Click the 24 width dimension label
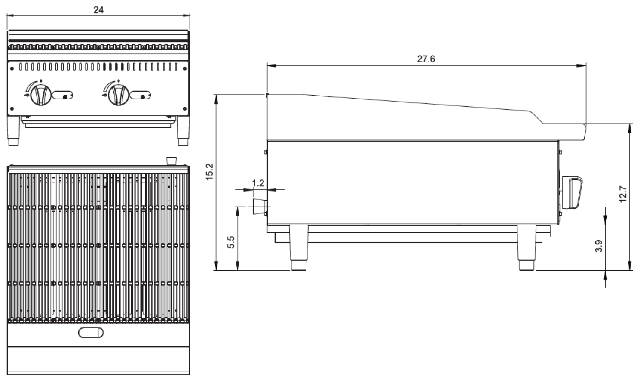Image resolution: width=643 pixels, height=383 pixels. tap(98, 9)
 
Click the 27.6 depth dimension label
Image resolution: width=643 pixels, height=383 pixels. tap(426, 59)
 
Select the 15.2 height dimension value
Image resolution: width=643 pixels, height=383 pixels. tap(209, 172)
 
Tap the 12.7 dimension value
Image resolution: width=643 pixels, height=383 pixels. tap(623, 194)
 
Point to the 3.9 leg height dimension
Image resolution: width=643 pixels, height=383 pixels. tap(598, 246)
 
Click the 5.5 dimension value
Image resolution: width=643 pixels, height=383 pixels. tap(231, 242)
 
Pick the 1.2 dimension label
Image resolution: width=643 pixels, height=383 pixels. tap(258, 183)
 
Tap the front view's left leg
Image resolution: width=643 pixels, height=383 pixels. tap(14, 131)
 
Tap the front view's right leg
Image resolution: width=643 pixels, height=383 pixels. tap(183, 131)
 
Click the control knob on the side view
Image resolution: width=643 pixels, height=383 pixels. tap(573, 193)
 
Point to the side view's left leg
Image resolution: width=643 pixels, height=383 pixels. tap(299, 247)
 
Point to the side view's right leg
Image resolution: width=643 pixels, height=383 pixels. tap(527, 247)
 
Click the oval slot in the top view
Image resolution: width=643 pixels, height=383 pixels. tap(91, 332)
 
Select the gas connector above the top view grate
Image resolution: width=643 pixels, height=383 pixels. tap(171, 161)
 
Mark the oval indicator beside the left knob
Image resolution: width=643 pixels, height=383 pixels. tap(63, 95)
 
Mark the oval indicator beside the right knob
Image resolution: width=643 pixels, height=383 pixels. tap(141, 95)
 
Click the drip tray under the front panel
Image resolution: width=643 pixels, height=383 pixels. tap(99, 123)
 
